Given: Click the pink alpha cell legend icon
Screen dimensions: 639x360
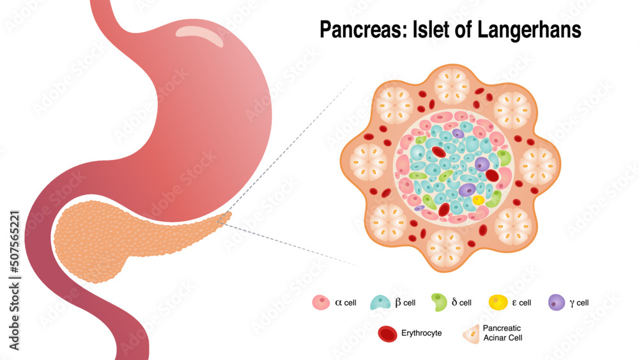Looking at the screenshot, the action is tap(320, 302).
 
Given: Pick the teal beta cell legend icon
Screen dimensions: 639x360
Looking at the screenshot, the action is tap(381, 302).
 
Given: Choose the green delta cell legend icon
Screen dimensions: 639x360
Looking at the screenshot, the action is tap(438, 302).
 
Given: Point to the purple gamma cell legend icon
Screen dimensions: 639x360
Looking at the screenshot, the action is tap(557, 302).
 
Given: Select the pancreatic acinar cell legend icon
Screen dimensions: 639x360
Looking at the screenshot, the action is tap(470, 333).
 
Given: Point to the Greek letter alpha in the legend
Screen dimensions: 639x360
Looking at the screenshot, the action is tap(339, 302).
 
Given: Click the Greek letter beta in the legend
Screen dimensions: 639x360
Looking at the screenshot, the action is tap(398, 302).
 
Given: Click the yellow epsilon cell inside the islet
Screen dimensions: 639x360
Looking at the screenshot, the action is tap(478, 200).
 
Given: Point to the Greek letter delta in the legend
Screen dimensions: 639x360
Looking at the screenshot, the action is tap(454, 302).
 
